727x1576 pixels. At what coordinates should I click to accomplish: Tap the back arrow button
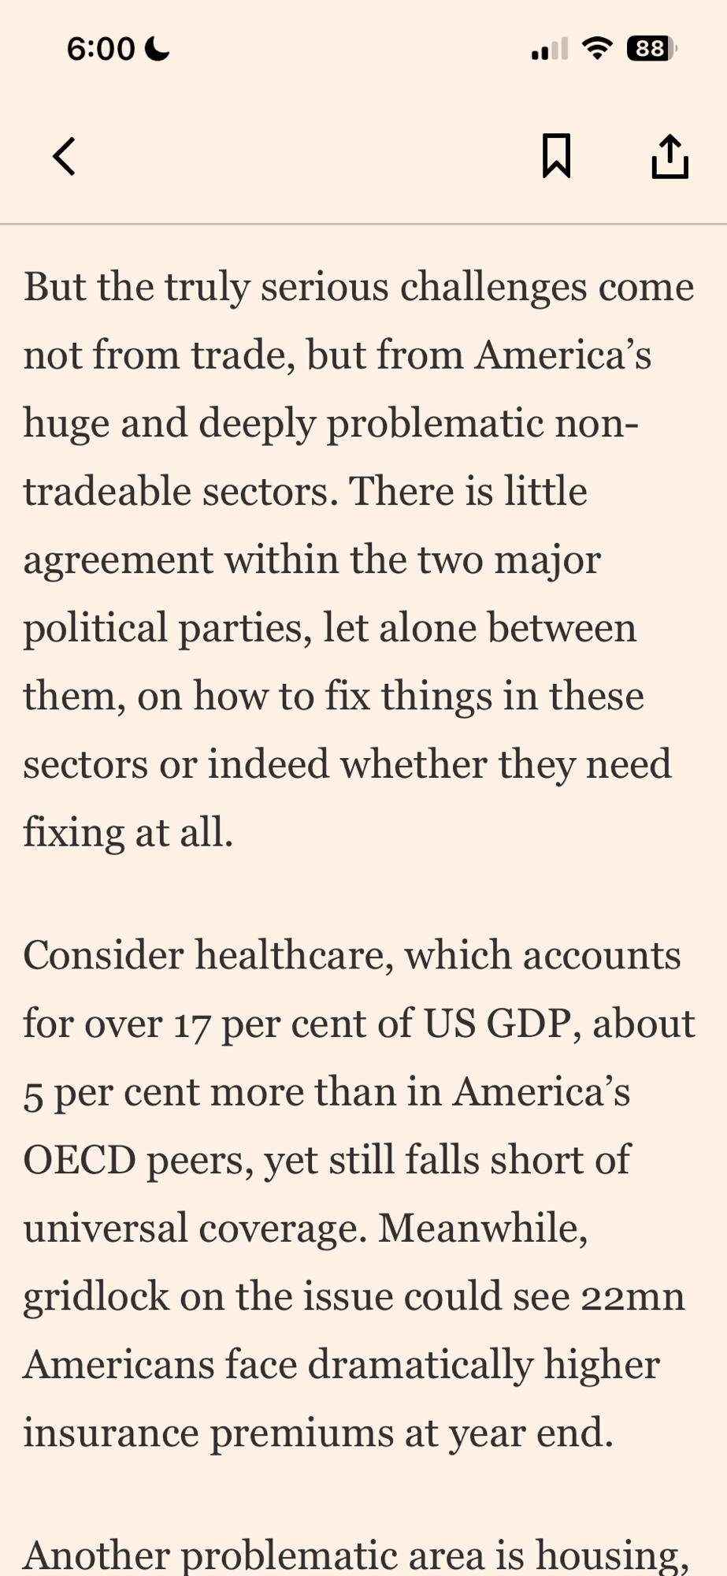pos(65,156)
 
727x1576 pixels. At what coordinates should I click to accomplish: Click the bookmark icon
pos(556,156)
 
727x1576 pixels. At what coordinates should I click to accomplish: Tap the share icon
pos(670,156)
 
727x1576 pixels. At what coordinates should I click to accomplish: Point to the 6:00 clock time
pos(101,49)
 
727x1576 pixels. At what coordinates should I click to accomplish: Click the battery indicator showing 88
pos(651,49)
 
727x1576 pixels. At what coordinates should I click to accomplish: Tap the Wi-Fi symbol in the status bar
pos(598,49)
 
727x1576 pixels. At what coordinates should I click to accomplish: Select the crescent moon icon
pos(158,49)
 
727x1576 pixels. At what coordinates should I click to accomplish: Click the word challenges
pos(493,287)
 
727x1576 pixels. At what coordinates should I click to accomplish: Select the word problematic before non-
pos(435,424)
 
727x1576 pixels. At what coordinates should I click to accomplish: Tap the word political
pos(95,629)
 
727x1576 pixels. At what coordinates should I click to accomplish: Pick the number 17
pos(192,1024)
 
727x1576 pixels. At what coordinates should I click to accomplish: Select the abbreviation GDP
pos(529,1024)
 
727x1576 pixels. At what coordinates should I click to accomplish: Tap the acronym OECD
pos(80,1161)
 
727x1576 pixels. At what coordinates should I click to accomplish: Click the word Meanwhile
pos(483,1228)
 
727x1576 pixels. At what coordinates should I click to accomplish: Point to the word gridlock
pos(95,1297)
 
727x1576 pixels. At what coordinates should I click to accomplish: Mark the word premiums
pos(302,1433)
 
